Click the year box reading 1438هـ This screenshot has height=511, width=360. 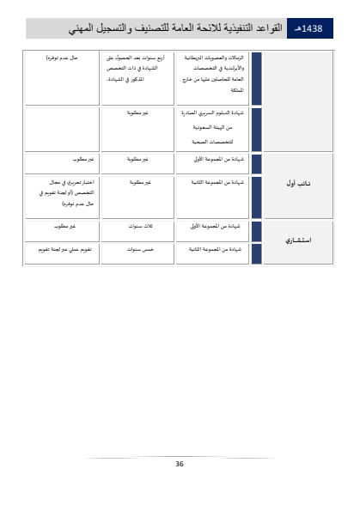coord(307,27)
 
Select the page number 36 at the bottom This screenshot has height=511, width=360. coord(180,464)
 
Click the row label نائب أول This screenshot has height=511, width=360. coord(297,182)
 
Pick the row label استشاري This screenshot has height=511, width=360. coord(297,240)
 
